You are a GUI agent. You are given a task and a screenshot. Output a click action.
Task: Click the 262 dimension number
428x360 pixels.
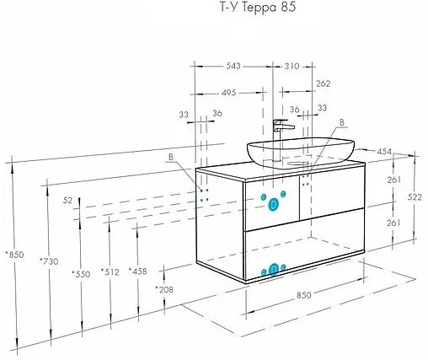click(323, 83)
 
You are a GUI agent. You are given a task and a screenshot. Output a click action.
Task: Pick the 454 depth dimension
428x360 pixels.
click(384, 152)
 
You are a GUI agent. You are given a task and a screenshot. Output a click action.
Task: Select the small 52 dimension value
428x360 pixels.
click(67, 200)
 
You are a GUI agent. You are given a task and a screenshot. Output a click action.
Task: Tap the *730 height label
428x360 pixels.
click(48, 262)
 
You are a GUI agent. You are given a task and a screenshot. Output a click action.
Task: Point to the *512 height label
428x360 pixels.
click(110, 271)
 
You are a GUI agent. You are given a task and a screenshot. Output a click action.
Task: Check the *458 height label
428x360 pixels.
click(139, 271)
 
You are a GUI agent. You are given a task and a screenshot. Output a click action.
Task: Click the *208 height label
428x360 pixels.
click(164, 289)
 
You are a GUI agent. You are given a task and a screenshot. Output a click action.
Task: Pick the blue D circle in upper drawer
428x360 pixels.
click(274, 203)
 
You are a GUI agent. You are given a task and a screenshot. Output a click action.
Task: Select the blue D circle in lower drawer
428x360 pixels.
click(274, 269)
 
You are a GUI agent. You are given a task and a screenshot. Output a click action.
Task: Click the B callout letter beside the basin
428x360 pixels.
click(341, 122)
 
